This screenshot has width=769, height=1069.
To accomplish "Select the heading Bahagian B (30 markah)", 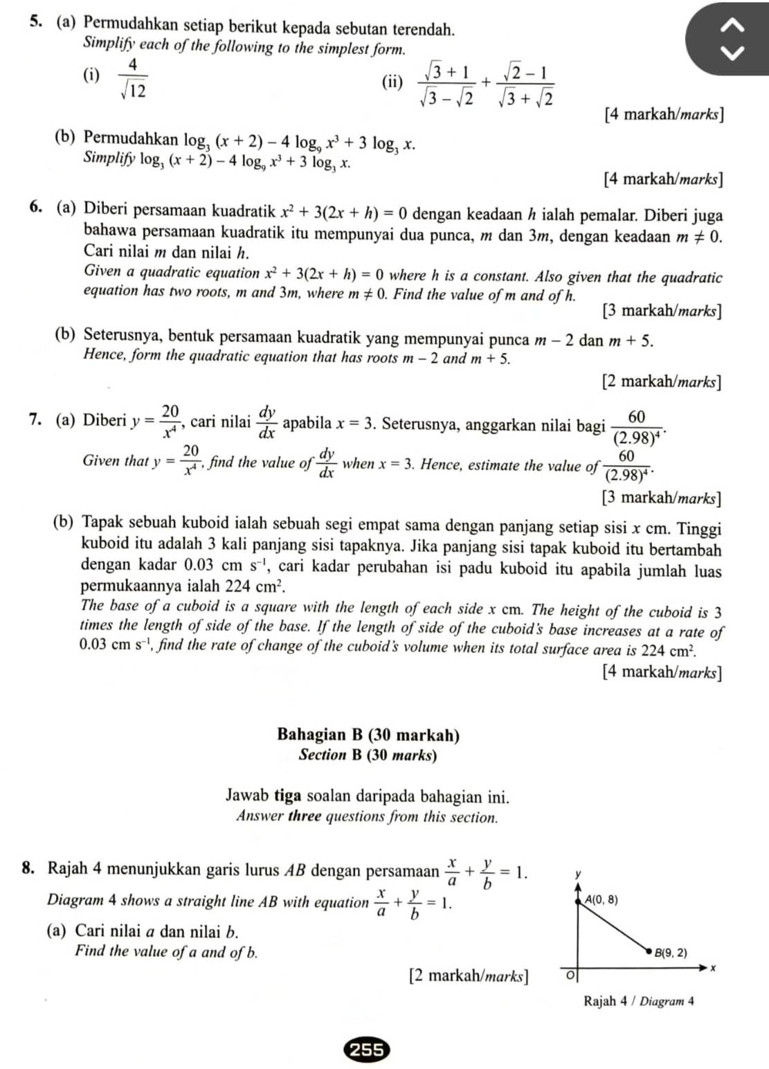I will tap(368, 735).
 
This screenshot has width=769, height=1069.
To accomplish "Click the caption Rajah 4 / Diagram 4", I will tap(638, 1001).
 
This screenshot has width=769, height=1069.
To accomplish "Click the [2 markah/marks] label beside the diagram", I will tap(468, 976).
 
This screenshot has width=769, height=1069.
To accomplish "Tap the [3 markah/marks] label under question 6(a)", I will tap(661, 310).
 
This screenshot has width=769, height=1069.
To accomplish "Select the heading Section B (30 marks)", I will tap(368, 755).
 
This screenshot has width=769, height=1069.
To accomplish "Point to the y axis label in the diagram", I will tap(578, 876).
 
